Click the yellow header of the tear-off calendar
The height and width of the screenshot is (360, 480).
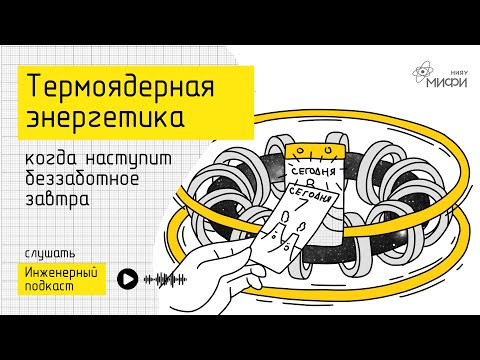click(312, 153)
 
